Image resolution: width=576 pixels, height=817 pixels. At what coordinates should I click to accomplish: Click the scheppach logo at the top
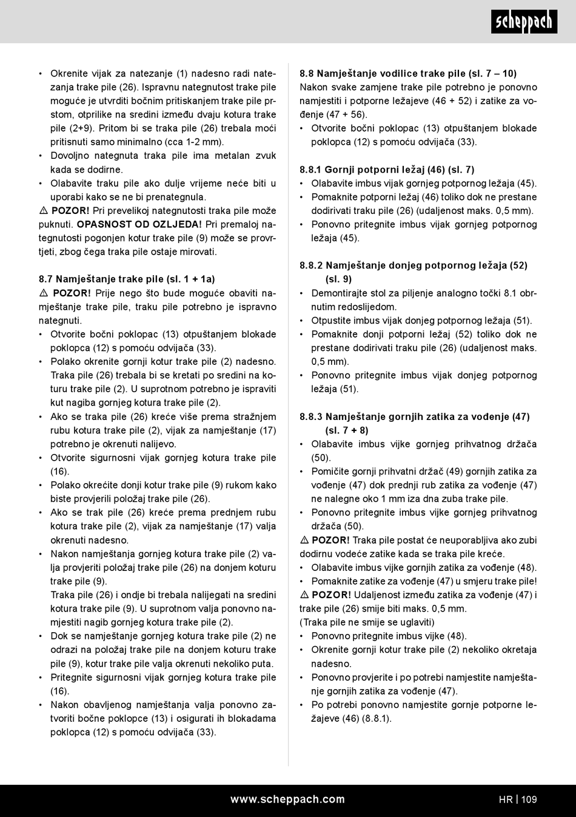[x=524, y=22]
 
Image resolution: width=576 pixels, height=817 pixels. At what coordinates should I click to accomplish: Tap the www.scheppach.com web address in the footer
[x=287, y=799]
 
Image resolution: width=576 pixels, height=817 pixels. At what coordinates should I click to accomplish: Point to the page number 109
[x=529, y=799]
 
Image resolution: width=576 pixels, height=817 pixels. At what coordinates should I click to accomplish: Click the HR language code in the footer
[x=506, y=799]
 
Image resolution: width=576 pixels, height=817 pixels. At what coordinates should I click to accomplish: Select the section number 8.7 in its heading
[x=46, y=279]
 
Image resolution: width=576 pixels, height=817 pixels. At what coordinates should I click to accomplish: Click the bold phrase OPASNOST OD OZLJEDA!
[x=139, y=224]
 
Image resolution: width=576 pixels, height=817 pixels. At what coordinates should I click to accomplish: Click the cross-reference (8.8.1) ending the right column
[x=377, y=719]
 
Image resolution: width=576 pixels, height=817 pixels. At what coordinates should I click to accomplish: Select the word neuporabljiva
[x=456, y=540]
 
